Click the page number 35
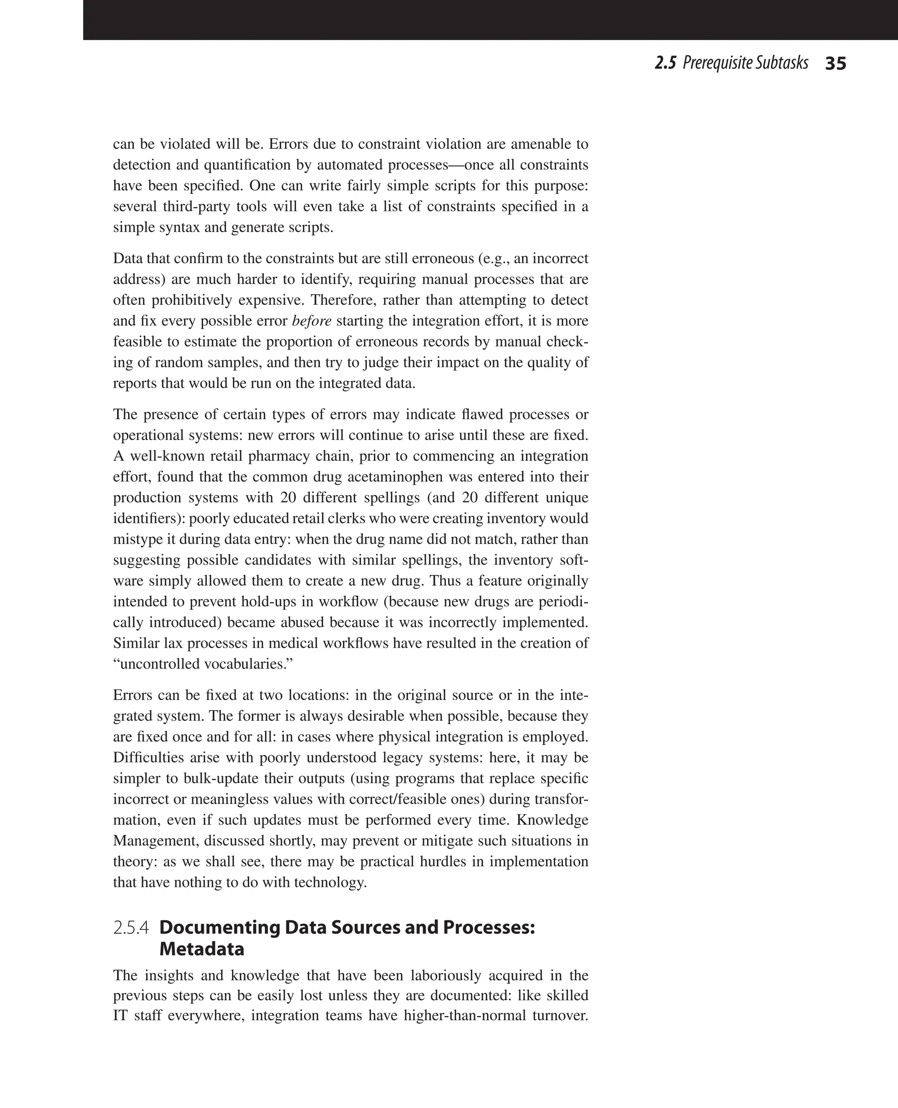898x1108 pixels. coord(835,64)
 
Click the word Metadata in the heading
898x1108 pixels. coord(202,949)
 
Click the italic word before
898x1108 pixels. coord(311,321)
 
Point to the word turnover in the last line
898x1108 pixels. coord(559,1015)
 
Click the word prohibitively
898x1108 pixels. coord(195,300)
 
